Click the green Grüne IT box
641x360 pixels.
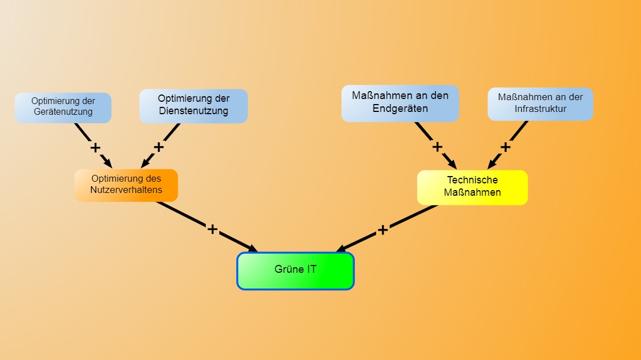coord(295,271)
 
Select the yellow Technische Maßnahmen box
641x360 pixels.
coord(472,187)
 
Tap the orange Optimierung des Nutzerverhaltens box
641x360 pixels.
coord(126,185)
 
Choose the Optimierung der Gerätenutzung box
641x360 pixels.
coord(63,107)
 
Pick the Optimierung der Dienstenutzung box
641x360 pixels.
coord(193,106)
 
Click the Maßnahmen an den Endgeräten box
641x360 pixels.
coord(400,103)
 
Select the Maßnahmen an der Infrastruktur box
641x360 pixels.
coord(540,103)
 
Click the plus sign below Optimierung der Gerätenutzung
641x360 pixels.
coord(96,148)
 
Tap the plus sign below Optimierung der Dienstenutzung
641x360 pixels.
coord(159,147)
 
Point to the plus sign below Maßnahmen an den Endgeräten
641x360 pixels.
coord(437,147)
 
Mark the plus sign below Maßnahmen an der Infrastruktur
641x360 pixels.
coord(505,147)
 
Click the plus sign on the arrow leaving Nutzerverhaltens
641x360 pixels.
coord(212,229)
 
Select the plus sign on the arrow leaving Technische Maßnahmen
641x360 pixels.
coord(382,229)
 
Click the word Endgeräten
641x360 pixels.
coord(400,109)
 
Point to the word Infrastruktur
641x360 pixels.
coord(540,109)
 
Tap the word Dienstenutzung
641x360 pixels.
coord(193,111)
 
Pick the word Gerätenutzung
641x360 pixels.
coord(63,112)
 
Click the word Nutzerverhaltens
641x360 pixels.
coord(126,190)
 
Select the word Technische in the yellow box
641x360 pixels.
coord(472,180)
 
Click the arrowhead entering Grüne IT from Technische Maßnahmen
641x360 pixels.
coord(341,249)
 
